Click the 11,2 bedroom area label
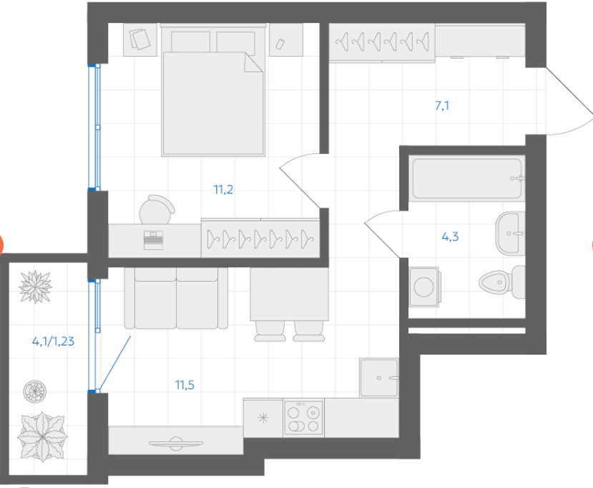(223, 189)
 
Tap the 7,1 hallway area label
(442, 105)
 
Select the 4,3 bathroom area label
(450, 236)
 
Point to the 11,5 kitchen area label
(185, 385)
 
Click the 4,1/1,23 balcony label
(54, 341)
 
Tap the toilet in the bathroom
(502, 282)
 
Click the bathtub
(467, 178)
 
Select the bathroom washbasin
(510, 234)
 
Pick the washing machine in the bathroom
(424, 287)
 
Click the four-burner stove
(303, 418)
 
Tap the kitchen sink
(379, 378)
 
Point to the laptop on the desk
(154, 240)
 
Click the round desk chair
(157, 210)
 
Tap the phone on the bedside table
(280, 44)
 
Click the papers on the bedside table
(139, 39)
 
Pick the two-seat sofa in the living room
(176, 298)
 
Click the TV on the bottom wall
(176, 444)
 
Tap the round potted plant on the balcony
(35, 391)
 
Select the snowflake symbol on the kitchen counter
(263, 418)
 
